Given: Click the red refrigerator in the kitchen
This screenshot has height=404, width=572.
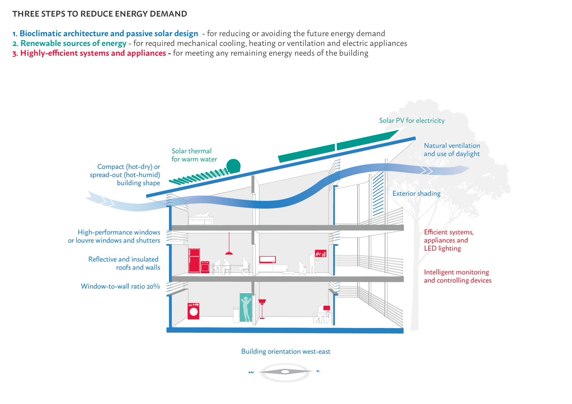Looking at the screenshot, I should (x=194, y=260).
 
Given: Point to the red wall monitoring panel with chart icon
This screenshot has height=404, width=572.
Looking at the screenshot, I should (x=321, y=253).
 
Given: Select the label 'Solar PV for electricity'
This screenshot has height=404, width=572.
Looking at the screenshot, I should (x=411, y=121).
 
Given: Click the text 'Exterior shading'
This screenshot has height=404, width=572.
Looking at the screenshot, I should (x=416, y=193).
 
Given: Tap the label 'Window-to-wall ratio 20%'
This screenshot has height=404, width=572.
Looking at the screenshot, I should (x=120, y=286).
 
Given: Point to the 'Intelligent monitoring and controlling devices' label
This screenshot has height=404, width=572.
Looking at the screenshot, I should (x=457, y=276).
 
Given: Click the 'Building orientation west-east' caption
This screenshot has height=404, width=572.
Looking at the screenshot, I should (x=286, y=352).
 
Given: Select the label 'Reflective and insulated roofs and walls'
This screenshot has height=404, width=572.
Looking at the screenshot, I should (x=124, y=263).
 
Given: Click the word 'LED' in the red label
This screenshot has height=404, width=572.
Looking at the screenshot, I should (x=430, y=248).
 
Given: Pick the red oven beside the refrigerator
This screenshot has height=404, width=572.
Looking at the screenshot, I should (x=205, y=267).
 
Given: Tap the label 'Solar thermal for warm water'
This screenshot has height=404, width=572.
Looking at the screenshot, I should (x=194, y=155).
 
